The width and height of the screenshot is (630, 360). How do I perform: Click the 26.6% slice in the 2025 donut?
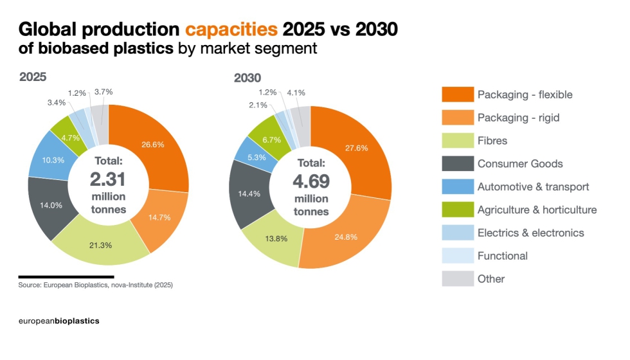[x=153, y=145]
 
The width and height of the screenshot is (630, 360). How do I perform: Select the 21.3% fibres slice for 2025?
[x=100, y=244]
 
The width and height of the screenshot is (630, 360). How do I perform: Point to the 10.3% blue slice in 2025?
[x=53, y=159]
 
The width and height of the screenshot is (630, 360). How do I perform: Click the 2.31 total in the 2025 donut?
[x=108, y=179]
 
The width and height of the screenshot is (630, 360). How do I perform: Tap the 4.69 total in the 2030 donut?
[x=310, y=181]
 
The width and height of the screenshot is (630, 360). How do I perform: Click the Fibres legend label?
[x=492, y=141]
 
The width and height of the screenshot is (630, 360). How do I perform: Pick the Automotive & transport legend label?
[x=533, y=187]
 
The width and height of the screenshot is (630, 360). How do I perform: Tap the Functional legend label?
[x=502, y=256]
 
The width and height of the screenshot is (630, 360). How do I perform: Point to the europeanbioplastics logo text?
[x=59, y=320]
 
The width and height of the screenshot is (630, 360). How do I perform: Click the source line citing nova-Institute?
[x=96, y=285]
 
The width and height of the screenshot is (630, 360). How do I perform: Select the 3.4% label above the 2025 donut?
[x=57, y=102]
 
